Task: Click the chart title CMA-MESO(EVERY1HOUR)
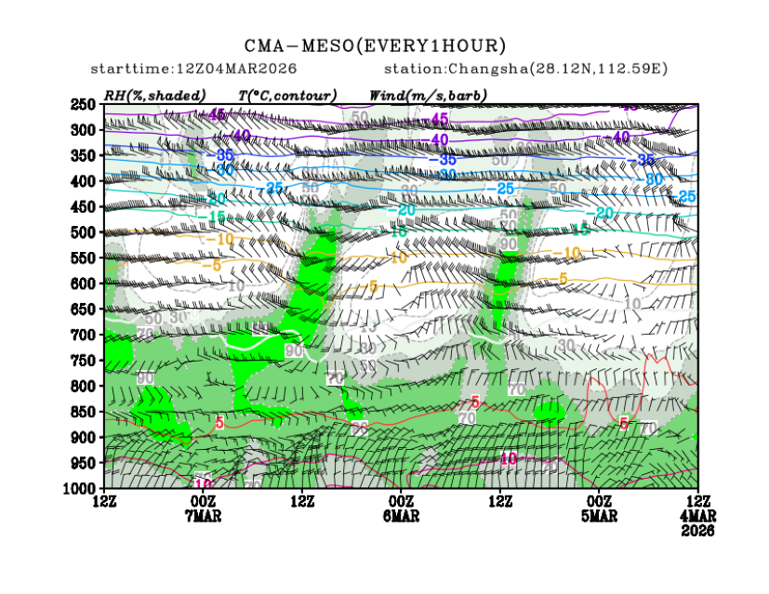[376, 46]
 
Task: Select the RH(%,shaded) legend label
[154, 95]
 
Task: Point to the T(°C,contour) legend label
[287, 95]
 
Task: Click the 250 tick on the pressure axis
[83, 104]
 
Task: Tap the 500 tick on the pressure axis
[83, 231]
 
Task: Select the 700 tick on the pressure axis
[83, 334]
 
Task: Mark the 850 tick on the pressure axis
[83, 411]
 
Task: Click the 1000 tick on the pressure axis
[80, 488]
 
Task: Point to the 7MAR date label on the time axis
[204, 516]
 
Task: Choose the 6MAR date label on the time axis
[402, 516]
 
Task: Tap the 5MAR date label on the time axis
[600, 516]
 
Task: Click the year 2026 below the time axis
[698, 530]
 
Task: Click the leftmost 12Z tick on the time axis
[104, 502]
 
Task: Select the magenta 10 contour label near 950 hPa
[509, 458]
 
